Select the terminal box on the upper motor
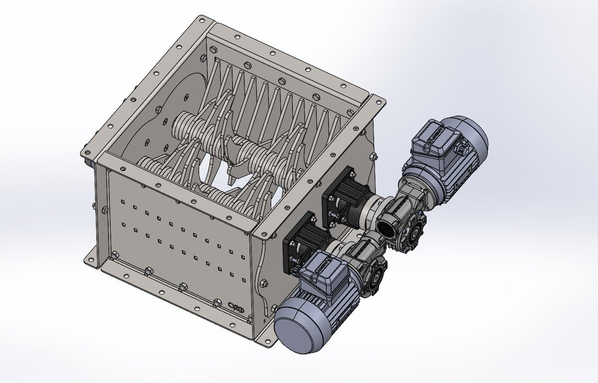[433, 142]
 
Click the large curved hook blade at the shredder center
[234, 160]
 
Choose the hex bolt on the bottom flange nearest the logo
[217, 303]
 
